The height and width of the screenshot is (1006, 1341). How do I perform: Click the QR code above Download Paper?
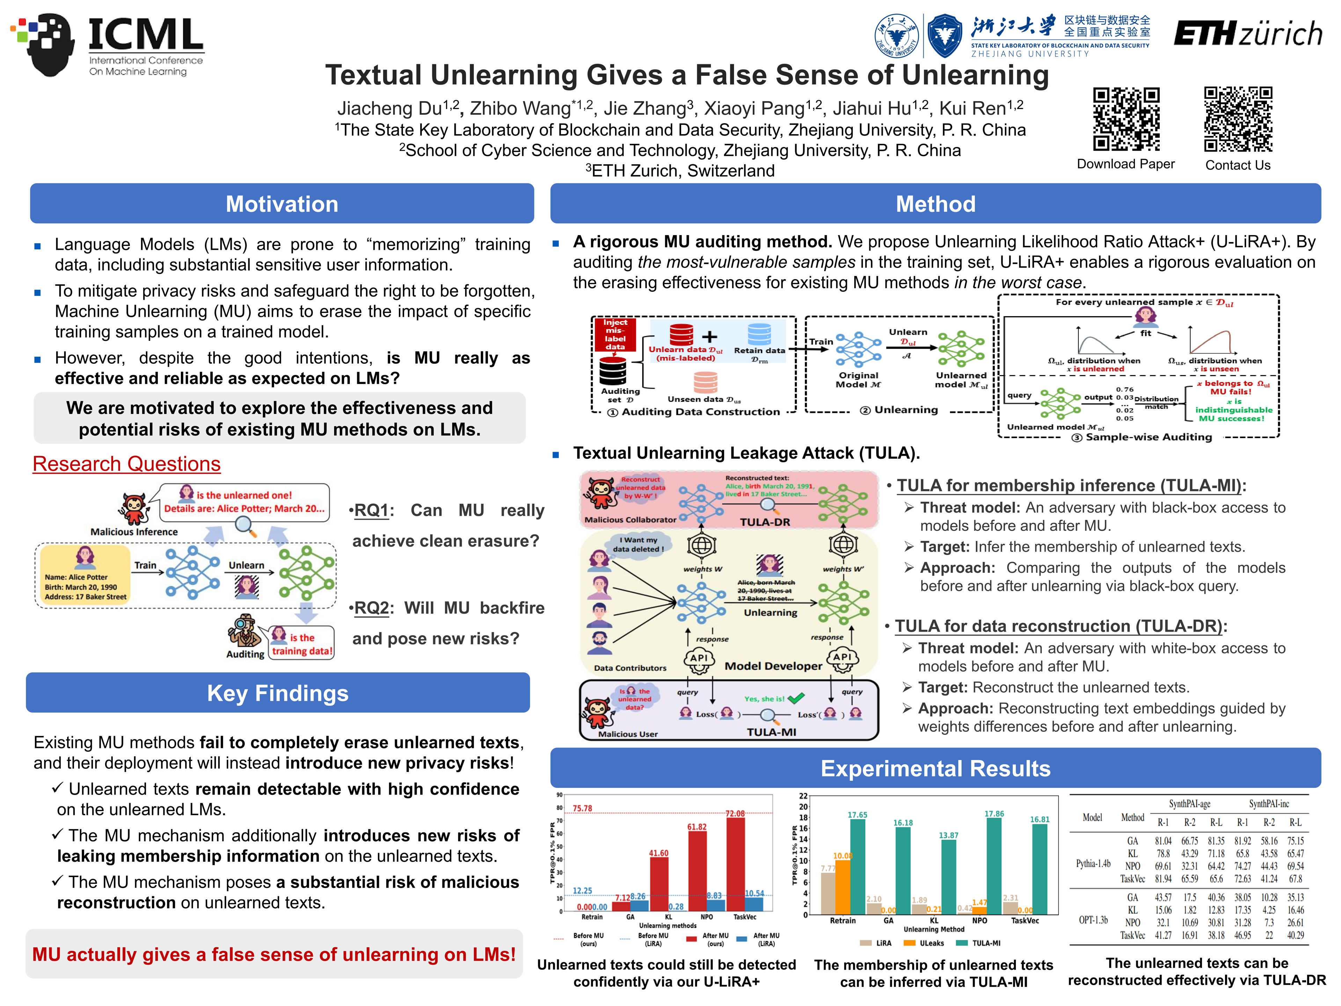1126,119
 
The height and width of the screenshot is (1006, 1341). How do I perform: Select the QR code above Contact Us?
1237,119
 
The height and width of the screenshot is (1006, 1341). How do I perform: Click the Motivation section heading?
282,204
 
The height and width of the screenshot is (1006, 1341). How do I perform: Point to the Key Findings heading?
278,693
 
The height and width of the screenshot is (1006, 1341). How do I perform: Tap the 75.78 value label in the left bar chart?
582,808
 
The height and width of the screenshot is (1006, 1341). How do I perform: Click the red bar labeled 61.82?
697,870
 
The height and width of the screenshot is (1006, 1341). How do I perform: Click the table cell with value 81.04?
1163,841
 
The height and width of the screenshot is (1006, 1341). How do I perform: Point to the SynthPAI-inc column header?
1268,804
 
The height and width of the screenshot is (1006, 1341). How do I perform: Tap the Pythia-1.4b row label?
1093,863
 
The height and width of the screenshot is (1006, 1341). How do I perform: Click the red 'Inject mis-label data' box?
615,335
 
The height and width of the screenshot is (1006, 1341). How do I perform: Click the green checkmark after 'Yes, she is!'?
796,698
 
